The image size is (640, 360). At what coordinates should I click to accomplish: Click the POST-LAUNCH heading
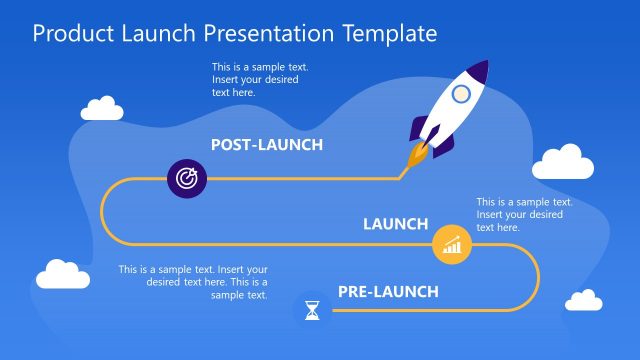click(x=267, y=145)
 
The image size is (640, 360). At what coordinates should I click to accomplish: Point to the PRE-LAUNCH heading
click(x=388, y=292)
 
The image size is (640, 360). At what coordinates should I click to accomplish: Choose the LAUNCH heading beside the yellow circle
click(x=395, y=224)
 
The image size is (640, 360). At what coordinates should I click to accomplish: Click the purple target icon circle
click(x=186, y=178)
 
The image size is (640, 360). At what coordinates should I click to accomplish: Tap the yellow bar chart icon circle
click(x=451, y=244)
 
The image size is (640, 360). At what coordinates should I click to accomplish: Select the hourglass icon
click(x=313, y=310)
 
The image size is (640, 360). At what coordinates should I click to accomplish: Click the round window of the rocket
click(x=460, y=94)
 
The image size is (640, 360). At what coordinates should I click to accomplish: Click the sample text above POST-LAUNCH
click(x=253, y=80)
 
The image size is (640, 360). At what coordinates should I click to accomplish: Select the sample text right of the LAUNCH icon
click(x=524, y=214)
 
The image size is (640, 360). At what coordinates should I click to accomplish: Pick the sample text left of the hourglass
click(x=193, y=282)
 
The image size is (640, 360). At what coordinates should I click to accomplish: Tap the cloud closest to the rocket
click(x=559, y=162)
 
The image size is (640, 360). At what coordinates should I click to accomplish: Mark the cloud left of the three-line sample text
click(x=63, y=274)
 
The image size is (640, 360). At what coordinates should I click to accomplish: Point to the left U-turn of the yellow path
click(x=103, y=211)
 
